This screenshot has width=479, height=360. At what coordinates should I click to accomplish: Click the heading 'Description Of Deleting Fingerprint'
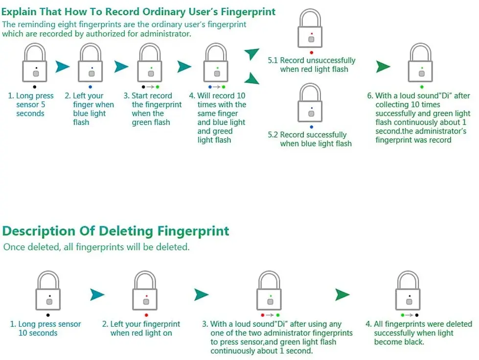[115, 231]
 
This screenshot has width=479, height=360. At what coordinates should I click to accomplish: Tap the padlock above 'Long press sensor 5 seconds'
[35, 64]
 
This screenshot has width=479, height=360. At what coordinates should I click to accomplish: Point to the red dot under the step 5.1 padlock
[311, 52]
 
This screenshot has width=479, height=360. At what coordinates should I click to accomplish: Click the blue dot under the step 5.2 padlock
[311, 126]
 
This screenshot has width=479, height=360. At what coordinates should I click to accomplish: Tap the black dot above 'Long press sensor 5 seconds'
[34, 87]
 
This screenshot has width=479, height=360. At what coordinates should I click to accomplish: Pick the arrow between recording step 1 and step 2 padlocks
[62, 67]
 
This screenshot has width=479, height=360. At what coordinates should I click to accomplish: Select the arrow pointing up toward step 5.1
[252, 54]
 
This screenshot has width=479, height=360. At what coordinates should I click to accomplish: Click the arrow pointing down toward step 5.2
[252, 78]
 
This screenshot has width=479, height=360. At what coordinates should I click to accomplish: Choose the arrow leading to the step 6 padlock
[383, 67]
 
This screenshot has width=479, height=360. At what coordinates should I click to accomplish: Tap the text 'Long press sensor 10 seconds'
[46, 329]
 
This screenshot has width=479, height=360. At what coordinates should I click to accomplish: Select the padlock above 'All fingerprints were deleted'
[408, 292]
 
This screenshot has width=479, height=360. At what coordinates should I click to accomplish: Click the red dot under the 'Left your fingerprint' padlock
[146, 315]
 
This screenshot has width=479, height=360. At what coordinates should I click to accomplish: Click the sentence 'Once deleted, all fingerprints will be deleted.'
[96, 247]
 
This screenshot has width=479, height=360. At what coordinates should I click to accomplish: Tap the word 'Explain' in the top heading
[22, 12]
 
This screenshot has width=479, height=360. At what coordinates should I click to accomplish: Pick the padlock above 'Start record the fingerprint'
[150, 64]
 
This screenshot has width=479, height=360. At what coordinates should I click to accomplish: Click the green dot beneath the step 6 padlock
[421, 87]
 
